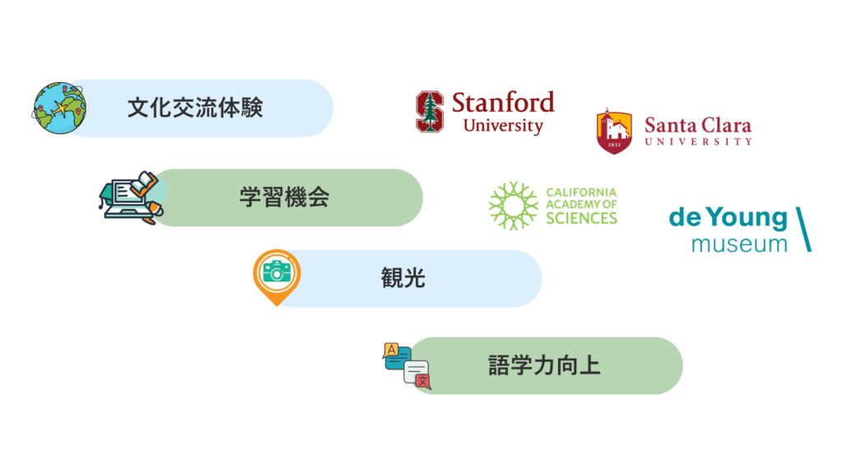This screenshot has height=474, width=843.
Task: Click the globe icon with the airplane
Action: click(x=59, y=108)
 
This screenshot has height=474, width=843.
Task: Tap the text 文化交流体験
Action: click(x=195, y=108)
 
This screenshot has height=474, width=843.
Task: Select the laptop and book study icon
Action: click(x=131, y=197)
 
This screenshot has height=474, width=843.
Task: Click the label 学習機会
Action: click(x=284, y=197)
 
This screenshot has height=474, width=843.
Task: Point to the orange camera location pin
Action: click(x=277, y=276)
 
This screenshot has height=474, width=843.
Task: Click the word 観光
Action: click(x=403, y=278)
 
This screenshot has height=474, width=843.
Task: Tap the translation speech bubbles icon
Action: click(x=407, y=365)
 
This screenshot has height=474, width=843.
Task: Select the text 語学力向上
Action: click(x=544, y=365)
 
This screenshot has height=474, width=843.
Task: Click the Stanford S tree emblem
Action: click(x=430, y=112)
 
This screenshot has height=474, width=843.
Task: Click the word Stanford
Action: click(x=503, y=102)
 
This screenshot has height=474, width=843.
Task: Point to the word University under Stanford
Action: click(x=503, y=126)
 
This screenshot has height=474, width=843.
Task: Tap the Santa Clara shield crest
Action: click(x=614, y=131)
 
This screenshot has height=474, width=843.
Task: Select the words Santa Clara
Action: click(x=698, y=125)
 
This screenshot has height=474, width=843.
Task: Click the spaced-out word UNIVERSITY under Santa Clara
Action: click(x=698, y=142)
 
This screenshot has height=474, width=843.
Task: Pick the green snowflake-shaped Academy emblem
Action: click(x=514, y=206)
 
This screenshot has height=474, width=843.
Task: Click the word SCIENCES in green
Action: click(x=582, y=218)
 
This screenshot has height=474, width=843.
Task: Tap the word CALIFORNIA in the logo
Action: click(x=581, y=193)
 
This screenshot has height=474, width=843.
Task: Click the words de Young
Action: click(x=728, y=217)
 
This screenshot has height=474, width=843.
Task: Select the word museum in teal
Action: click(x=739, y=244)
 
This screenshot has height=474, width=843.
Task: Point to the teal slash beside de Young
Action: click(x=803, y=230)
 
